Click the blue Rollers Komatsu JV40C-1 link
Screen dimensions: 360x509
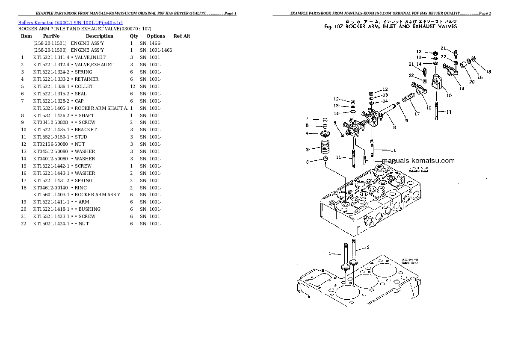click(71, 22)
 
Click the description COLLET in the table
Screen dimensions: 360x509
click(84, 86)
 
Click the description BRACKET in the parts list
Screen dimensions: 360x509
click(86, 130)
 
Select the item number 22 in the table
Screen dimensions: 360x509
click(24, 224)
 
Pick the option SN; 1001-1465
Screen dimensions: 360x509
click(156, 50)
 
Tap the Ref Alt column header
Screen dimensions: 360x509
click(182, 36)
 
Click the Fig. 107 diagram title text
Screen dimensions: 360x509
click(390, 27)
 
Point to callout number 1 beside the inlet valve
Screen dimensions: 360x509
click(330, 254)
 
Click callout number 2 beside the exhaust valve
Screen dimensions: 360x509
click(367, 248)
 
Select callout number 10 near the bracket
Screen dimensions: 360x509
click(449, 95)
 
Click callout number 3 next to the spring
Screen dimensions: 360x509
click(307, 150)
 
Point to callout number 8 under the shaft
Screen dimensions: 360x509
click(394, 127)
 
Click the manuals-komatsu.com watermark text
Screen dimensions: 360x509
click(418, 161)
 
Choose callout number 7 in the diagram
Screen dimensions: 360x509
click(307, 118)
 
